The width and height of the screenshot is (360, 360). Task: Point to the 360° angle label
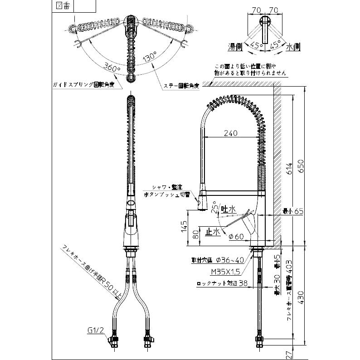click(112, 67)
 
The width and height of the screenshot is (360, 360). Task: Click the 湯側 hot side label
click(235, 47)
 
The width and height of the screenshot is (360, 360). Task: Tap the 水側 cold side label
click(292, 47)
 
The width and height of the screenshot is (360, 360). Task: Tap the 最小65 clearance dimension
click(290, 211)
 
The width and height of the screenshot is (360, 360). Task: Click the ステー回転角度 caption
click(180, 85)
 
